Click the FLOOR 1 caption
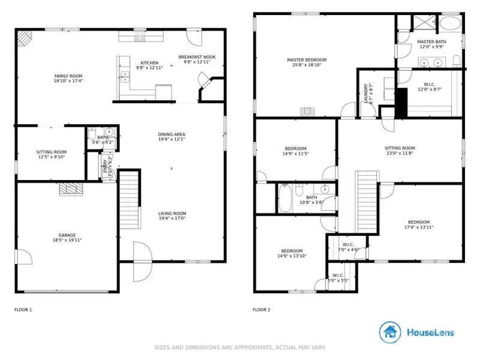[23, 310]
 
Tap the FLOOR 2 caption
[262, 310]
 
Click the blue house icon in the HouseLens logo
[390, 332]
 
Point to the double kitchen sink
[124, 76]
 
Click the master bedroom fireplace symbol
[308, 112]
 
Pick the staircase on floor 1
[128, 198]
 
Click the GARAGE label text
[67, 235]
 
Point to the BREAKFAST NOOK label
[197, 57]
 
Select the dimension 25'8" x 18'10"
[306, 65]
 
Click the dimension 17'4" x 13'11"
[418, 227]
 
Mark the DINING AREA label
[171, 134]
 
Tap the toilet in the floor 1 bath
[109, 133]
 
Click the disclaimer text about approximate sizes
[240, 347]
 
